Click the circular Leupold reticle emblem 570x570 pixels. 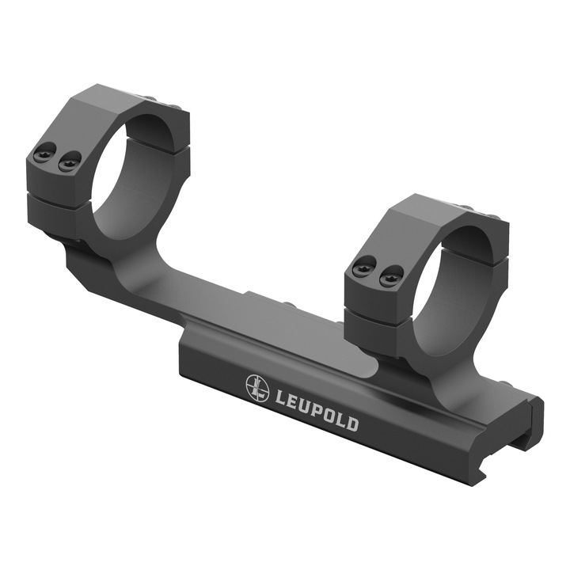click(x=257, y=387)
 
